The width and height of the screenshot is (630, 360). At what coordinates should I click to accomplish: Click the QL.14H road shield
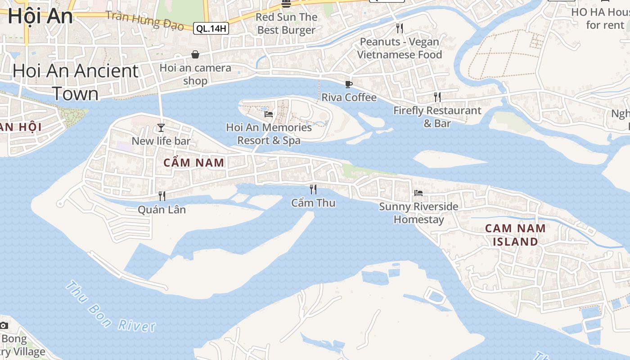tap(211, 29)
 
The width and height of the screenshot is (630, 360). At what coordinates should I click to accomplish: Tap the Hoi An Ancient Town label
tap(76, 82)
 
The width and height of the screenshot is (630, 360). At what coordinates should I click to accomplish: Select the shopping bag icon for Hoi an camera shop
tap(195, 55)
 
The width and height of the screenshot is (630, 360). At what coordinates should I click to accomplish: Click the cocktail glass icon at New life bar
tap(161, 128)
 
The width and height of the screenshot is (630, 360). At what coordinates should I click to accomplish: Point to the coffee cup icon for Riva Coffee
tap(348, 84)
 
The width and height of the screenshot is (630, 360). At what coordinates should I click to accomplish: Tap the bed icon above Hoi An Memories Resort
tap(269, 114)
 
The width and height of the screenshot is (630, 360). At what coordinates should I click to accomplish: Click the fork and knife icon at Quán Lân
tap(162, 196)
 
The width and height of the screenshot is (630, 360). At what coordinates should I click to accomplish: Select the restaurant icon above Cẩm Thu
tap(313, 189)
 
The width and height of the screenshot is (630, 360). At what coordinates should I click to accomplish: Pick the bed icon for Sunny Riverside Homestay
tap(418, 193)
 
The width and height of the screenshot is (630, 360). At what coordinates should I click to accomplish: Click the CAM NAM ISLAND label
tap(515, 235)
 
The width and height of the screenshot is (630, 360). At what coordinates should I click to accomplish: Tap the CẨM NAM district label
tap(194, 163)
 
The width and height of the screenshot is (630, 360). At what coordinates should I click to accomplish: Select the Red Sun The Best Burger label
tap(287, 24)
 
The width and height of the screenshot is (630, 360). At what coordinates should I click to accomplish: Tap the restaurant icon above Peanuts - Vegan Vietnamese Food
tap(400, 28)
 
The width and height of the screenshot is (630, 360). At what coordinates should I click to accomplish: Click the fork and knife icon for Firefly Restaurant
tap(437, 97)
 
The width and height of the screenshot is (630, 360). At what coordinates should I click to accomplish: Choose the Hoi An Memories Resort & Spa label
tap(269, 134)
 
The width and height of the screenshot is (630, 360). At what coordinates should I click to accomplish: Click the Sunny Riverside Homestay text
tap(418, 213)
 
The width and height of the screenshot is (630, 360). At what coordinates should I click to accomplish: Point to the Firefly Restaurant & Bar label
tap(437, 117)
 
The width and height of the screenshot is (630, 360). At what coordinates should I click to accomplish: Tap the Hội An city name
tap(40, 16)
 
